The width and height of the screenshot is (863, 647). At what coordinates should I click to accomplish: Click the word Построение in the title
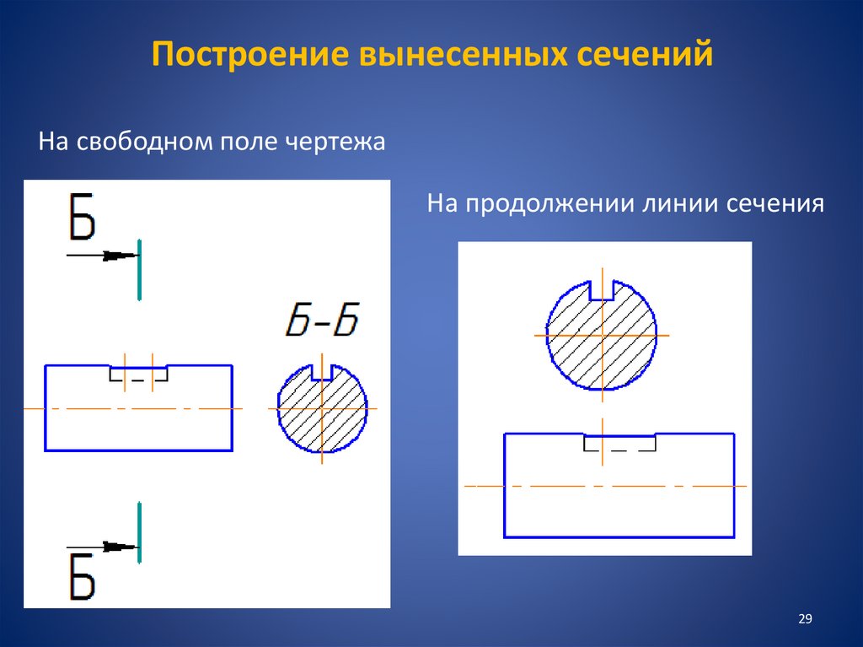249,55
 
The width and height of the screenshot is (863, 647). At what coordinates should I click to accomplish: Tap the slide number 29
804,620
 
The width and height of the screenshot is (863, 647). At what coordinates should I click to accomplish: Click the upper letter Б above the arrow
82,218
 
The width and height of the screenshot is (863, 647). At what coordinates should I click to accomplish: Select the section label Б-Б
321,321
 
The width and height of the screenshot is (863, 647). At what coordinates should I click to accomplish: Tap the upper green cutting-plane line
139,269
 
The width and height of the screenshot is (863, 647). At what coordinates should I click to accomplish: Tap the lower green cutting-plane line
139,532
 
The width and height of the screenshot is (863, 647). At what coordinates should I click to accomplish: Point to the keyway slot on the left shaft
138,373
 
